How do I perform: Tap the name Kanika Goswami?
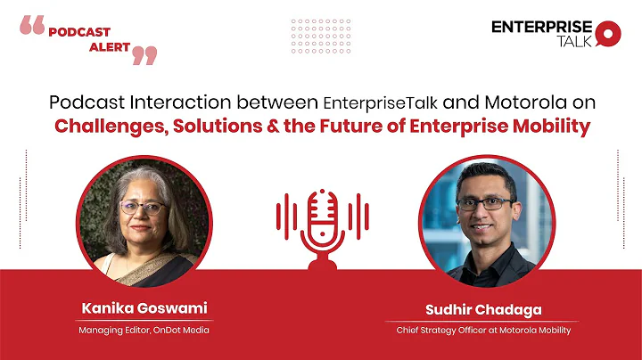(x=144, y=307)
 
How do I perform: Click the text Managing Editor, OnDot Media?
(x=144, y=331)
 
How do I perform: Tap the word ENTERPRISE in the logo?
(x=541, y=27)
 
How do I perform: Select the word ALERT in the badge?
(x=109, y=47)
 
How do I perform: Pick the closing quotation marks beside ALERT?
(x=144, y=55)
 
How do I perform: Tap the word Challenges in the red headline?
(x=110, y=127)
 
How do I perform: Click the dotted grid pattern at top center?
(x=321, y=36)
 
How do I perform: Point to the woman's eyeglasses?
(x=143, y=207)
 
